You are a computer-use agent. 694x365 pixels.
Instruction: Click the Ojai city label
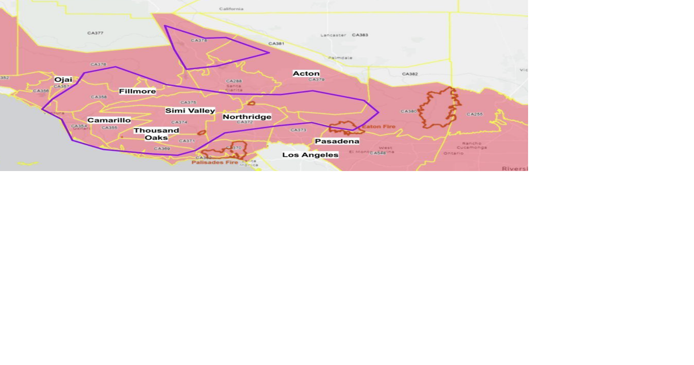pyautogui.click(x=63, y=80)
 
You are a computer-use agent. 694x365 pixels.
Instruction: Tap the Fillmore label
pyautogui.click(x=137, y=91)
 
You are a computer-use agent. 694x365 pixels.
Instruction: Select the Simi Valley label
pyautogui.click(x=190, y=111)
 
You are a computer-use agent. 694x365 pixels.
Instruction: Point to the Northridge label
pyautogui.click(x=247, y=117)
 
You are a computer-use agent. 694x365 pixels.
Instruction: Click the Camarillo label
pyautogui.click(x=109, y=120)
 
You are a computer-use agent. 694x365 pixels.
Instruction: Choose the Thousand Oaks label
pyautogui.click(x=156, y=134)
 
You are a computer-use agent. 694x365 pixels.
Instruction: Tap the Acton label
pyautogui.click(x=306, y=74)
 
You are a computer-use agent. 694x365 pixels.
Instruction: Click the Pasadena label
pyautogui.click(x=337, y=141)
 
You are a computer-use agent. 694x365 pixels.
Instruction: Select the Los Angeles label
pyautogui.click(x=310, y=155)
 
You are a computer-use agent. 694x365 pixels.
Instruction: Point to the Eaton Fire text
pyautogui.click(x=378, y=127)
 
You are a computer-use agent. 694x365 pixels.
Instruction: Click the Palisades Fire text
pyautogui.click(x=215, y=163)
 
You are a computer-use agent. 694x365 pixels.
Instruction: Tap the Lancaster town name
pyautogui.click(x=333, y=35)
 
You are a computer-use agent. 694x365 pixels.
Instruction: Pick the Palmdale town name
pyautogui.click(x=340, y=58)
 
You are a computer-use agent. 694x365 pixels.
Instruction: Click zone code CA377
pyautogui.click(x=95, y=33)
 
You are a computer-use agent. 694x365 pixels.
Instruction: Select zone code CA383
pyautogui.click(x=360, y=35)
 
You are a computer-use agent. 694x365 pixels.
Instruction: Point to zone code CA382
pyautogui.click(x=410, y=74)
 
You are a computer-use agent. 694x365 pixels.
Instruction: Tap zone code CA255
pyautogui.click(x=474, y=114)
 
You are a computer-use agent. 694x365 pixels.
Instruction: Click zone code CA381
pyautogui.click(x=276, y=44)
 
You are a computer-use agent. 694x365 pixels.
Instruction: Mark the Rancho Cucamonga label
pyautogui.click(x=471, y=145)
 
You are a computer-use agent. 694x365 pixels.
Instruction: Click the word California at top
pyautogui.click(x=231, y=9)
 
